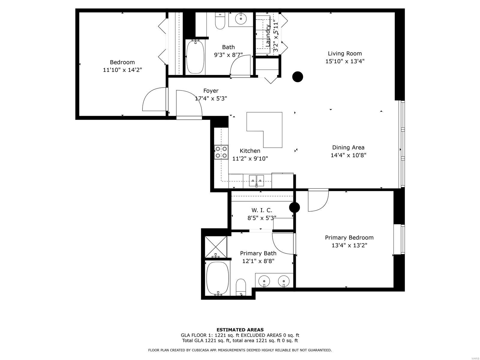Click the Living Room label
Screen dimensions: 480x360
pos(345,54)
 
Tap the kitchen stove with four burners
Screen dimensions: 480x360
pos(221,152)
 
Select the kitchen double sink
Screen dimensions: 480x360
pos(256,181)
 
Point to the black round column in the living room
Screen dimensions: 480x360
pos(298,77)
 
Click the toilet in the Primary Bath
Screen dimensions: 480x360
pos(241,287)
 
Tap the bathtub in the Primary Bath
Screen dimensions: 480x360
pos(217,278)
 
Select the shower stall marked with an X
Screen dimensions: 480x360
pos(216,247)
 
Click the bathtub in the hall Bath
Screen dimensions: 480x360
pos(195,56)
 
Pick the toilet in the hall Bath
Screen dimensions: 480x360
pos(220,21)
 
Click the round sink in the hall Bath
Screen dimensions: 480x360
pos(241,19)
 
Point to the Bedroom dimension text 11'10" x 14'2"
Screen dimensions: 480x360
pos(122,70)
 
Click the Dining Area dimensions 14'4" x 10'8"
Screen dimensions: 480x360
pos(348,155)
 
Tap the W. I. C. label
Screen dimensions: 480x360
pos(262,210)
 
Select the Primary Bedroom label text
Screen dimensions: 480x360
pos(349,238)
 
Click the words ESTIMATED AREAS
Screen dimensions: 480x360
pos(240,330)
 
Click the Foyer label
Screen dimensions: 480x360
pos(211,91)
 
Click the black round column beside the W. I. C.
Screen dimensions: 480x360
pos(294,207)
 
